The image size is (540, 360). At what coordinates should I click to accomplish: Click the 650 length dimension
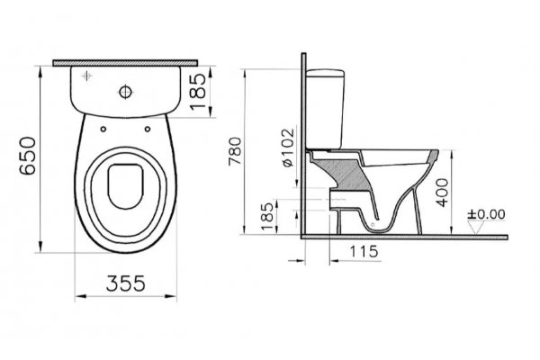tap(28, 156)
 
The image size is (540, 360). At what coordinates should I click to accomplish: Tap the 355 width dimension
tap(126, 283)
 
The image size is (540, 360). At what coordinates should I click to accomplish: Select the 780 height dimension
tap(236, 151)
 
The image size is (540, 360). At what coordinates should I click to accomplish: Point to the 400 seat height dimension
tap(443, 193)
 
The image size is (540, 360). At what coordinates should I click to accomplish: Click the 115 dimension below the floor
tap(364, 251)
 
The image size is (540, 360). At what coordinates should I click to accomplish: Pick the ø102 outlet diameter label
tap(288, 148)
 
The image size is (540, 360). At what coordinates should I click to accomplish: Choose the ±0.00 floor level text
tap(486, 214)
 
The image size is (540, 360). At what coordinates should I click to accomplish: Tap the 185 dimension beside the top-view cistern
tap(198, 91)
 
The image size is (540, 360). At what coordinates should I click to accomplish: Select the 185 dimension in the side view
tap(267, 216)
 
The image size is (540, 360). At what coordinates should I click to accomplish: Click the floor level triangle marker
tap(476, 228)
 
